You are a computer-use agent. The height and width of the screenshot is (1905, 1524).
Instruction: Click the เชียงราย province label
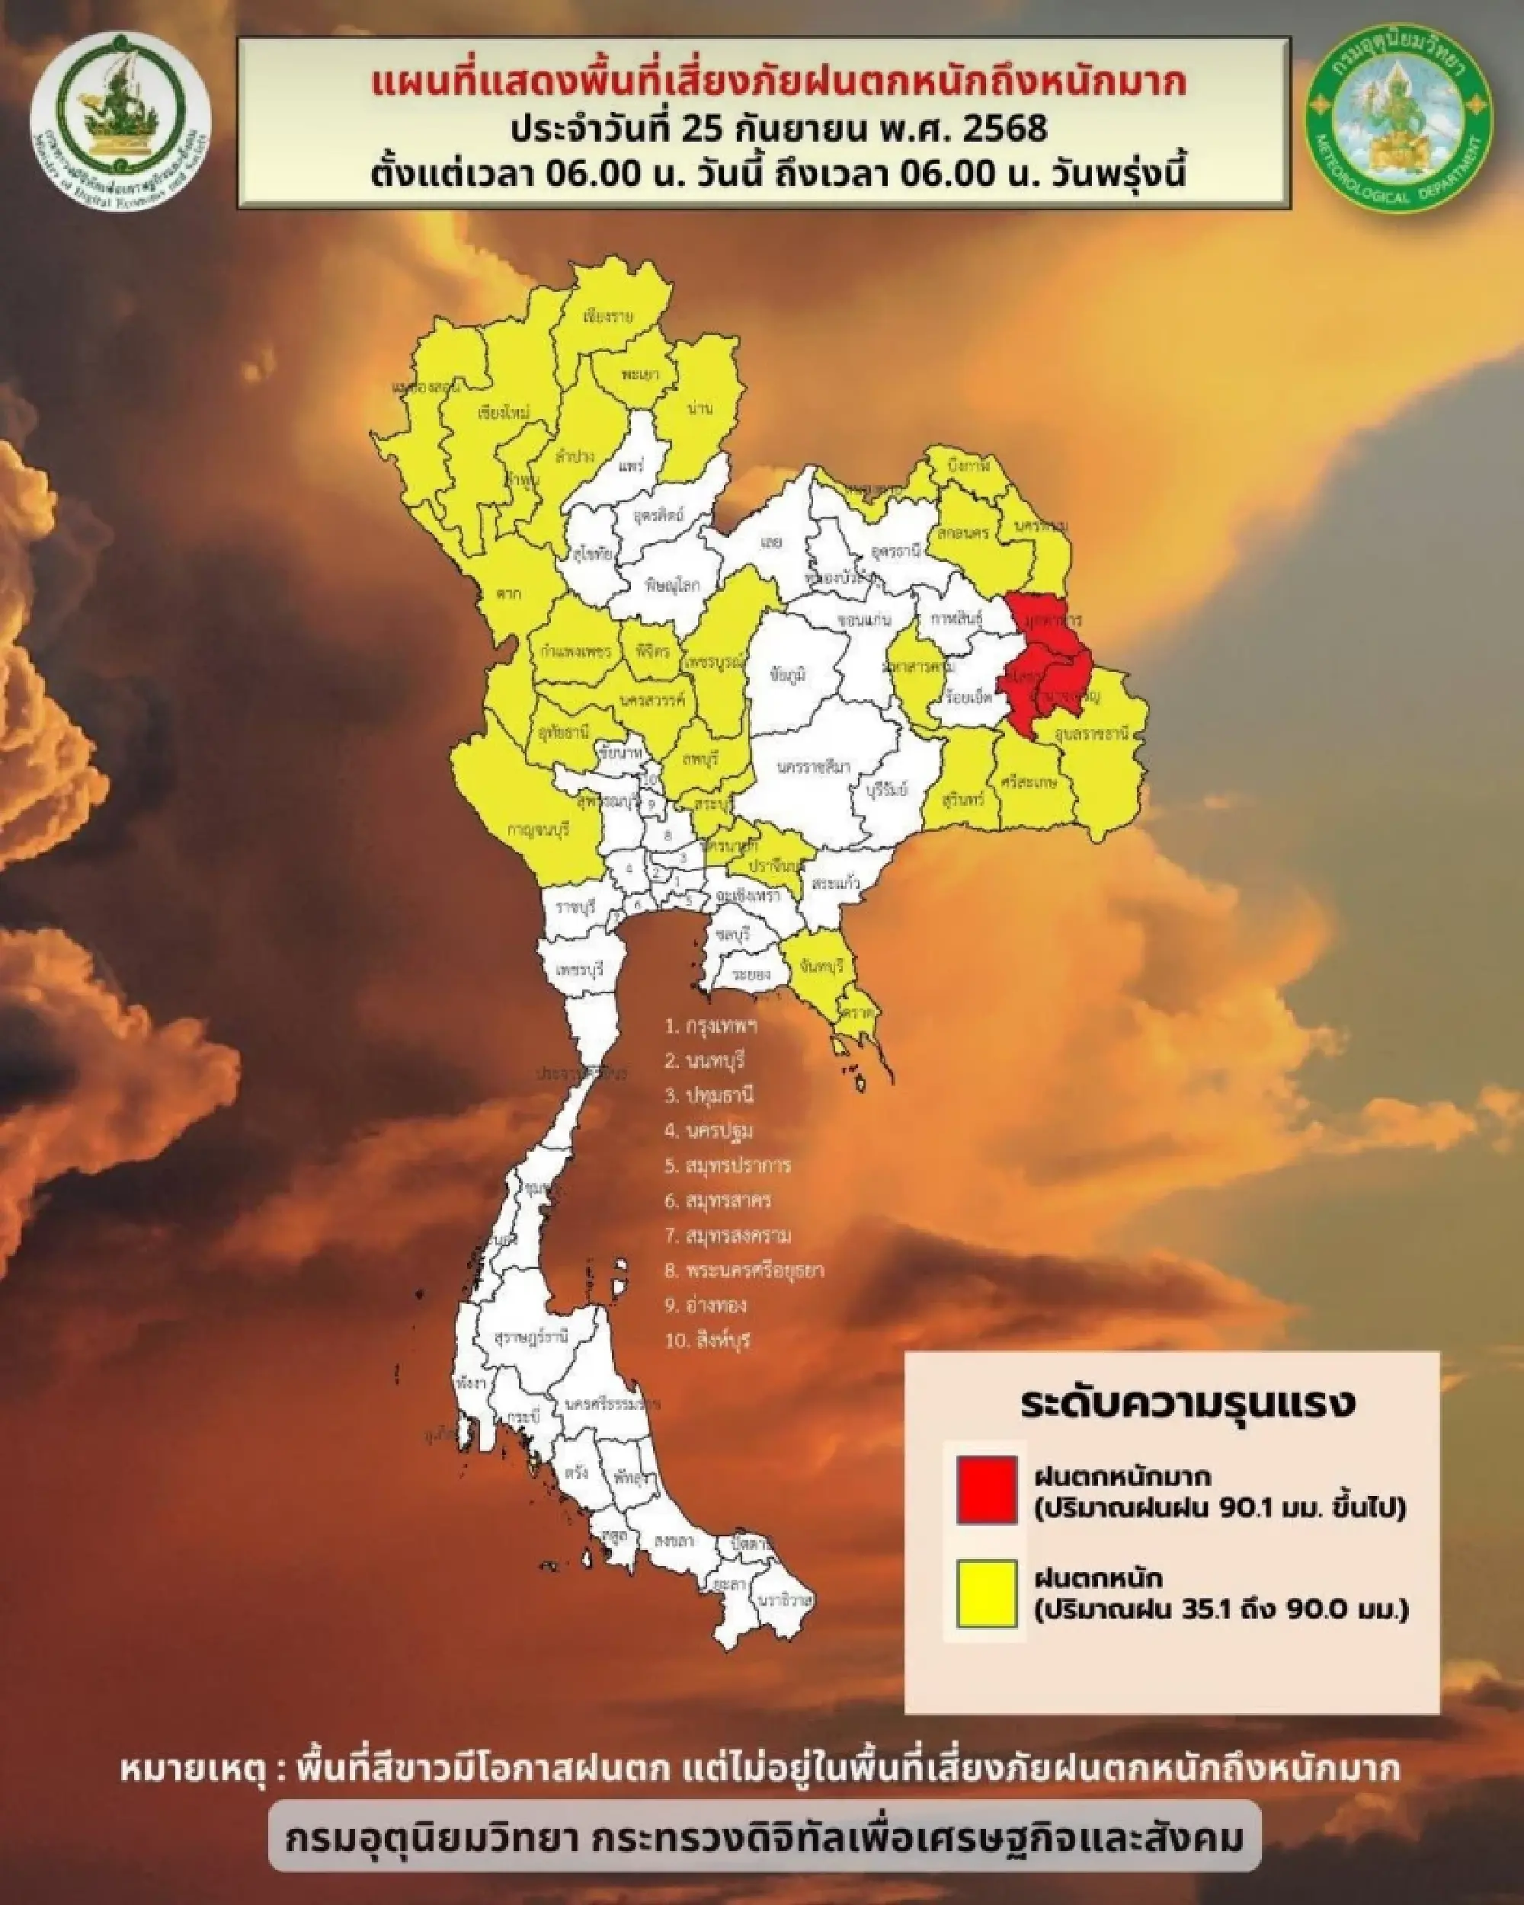(609, 317)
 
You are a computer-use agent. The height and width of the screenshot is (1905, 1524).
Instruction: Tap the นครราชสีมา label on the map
(814, 767)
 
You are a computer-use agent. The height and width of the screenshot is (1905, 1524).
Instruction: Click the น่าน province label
(701, 408)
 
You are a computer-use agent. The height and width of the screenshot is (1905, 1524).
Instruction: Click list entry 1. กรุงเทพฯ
(711, 1026)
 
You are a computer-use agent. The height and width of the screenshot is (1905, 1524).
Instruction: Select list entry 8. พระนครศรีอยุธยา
(744, 1271)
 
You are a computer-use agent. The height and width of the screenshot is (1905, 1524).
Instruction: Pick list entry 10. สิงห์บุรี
(707, 1341)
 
